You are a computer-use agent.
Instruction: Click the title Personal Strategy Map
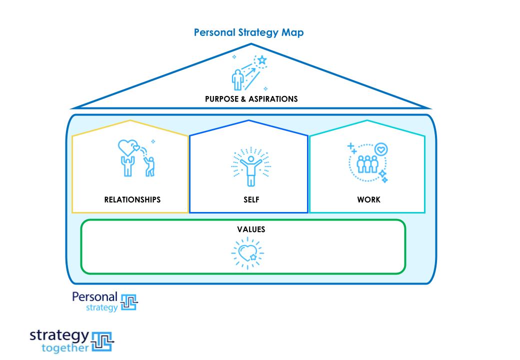pyautogui.click(x=248, y=32)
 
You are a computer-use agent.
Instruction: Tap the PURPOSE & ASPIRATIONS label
pyautogui.click(x=251, y=99)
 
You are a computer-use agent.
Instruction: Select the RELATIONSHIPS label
pyautogui.click(x=132, y=199)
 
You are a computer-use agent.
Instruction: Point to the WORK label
pyautogui.click(x=368, y=199)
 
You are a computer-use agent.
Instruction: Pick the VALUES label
pyautogui.click(x=251, y=229)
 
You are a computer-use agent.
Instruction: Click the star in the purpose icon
pyautogui.click(x=261, y=61)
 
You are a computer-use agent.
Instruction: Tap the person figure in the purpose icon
pyautogui.click(x=237, y=79)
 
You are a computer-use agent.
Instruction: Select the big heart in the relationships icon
pyautogui.click(x=126, y=147)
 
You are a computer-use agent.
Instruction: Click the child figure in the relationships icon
pyautogui.click(x=150, y=166)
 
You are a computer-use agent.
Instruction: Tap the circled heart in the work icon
pyautogui.click(x=381, y=149)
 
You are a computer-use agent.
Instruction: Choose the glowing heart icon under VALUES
pyautogui.click(x=247, y=253)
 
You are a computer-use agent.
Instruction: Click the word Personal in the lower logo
pyautogui.click(x=94, y=296)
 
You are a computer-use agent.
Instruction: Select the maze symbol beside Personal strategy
pyautogui.click(x=129, y=301)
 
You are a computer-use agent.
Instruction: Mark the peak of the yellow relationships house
pyautogui.click(x=130, y=120)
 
